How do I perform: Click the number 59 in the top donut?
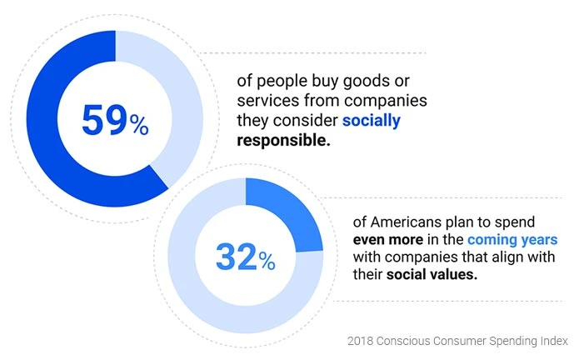pyautogui.click(x=103, y=119)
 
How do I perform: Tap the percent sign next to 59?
pyautogui.click(x=138, y=125)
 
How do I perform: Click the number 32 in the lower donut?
pyautogui.click(x=236, y=257)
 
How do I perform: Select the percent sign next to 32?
pyautogui.click(x=267, y=262)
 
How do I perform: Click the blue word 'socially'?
pyautogui.click(x=372, y=120)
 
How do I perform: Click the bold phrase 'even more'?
pyautogui.click(x=386, y=241)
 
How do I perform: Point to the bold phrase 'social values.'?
pyautogui.click(x=432, y=277)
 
